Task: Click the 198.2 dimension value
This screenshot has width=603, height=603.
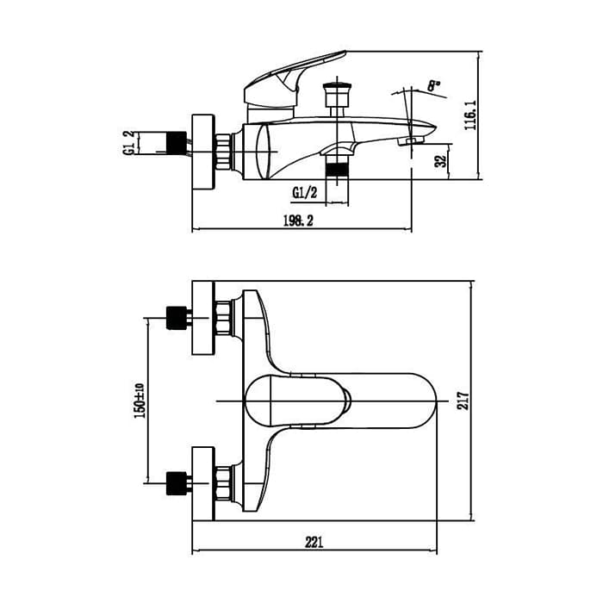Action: [x=298, y=221]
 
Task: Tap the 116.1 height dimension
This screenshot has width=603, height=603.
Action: [x=470, y=115]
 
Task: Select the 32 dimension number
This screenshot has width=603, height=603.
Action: [x=441, y=160]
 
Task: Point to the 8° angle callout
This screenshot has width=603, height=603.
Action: [x=434, y=85]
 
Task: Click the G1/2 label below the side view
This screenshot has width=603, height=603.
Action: [x=305, y=193]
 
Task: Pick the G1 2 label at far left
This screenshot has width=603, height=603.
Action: [x=129, y=143]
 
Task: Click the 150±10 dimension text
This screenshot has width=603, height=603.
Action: [x=140, y=401]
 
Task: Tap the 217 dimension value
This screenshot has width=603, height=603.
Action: [x=463, y=401]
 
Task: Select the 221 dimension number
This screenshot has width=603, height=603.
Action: [x=314, y=542]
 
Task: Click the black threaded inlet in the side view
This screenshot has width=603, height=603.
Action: [x=176, y=143]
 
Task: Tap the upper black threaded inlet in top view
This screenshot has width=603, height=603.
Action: [x=177, y=318]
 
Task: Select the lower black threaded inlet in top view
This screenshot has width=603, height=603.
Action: [x=177, y=483]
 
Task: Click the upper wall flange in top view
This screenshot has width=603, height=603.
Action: [x=203, y=318]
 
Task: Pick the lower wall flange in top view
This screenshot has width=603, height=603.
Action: [x=203, y=484]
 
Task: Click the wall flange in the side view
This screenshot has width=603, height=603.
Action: [x=203, y=152]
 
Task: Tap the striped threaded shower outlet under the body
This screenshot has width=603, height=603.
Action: [x=337, y=169]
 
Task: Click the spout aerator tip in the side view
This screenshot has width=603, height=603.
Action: [x=411, y=141]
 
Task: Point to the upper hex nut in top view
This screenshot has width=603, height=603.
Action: [x=223, y=318]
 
